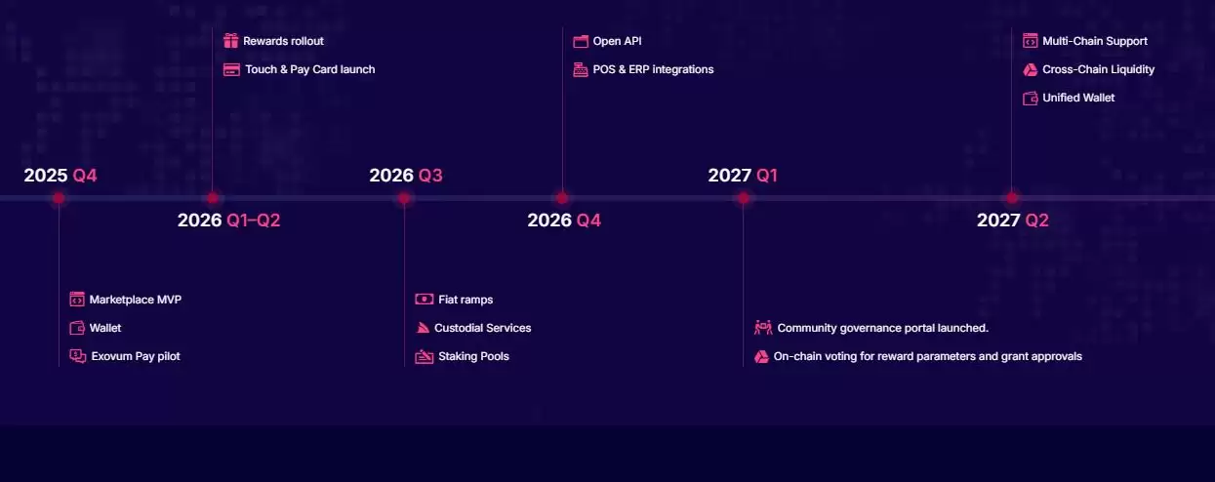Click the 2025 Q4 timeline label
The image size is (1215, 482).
point(61,176)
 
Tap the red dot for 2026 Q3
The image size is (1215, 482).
point(404,198)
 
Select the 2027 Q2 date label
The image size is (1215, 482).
point(1013,221)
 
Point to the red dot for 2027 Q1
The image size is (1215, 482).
point(743,198)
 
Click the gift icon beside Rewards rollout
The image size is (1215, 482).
point(230,41)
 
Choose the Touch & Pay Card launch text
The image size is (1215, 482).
point(309,69)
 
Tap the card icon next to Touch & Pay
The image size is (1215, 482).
point(231,69)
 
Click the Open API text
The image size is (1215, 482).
point(618,41)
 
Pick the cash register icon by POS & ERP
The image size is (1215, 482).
point(581,69)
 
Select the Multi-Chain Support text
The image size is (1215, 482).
point(1095,41)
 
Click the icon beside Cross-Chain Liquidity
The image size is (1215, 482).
point(1030,69)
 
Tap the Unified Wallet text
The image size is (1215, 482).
point(1078,98)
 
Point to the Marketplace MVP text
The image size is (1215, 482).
point(135,300)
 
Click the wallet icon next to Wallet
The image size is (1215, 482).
point(77,328)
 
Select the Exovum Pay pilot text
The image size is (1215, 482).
point(136,356)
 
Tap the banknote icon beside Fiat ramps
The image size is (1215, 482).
point(425,300)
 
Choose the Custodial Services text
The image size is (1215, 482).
point(483,328)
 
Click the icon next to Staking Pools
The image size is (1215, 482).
point(425,356)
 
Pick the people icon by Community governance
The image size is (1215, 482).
point(763,328)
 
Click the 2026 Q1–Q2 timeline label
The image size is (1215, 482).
point(229,221)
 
